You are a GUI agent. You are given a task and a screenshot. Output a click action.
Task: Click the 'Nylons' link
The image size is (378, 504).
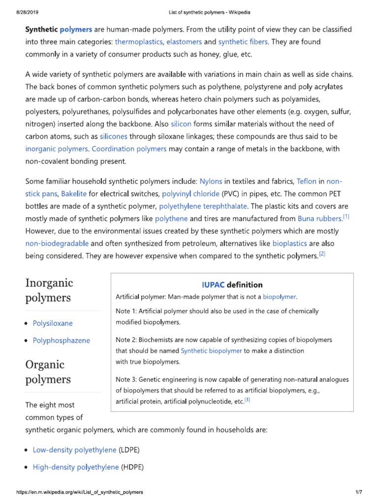pos(211,181)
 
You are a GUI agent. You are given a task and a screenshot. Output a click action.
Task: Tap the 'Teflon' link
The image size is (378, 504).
pos(306,181)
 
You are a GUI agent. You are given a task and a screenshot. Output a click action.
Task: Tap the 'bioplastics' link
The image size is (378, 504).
pos(289,243)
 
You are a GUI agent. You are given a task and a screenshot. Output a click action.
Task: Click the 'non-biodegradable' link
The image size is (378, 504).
pos(57,243)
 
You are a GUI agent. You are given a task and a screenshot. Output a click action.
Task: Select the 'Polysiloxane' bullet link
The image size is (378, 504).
pos(53,323)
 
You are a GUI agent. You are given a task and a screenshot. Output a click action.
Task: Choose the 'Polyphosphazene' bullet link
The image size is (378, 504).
pos(61,340)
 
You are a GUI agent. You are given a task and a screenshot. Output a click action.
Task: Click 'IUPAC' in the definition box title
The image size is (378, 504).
pos(213,284)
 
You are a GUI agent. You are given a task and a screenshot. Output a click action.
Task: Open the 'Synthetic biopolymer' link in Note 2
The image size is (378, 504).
pos(211,351)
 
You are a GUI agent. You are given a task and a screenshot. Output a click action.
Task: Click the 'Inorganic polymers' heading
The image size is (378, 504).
pos(49,290)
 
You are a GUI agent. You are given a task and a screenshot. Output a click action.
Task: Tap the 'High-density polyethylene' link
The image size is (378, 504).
pos(76,467)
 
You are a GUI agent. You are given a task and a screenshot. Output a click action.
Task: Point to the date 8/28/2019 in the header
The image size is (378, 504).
pos(16,11)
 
